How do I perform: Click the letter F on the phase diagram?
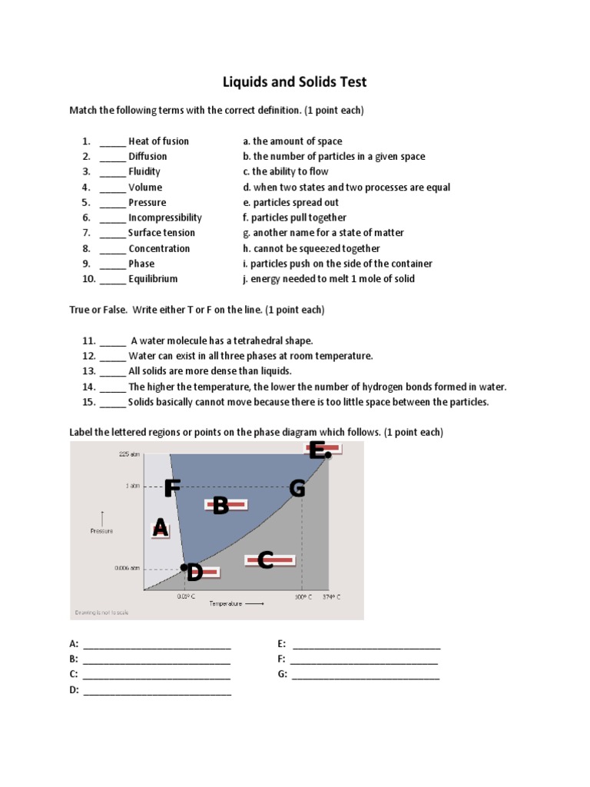coord(171,488)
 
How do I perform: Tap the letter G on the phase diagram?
coord(297,488)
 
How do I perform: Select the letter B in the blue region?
coord(220,505)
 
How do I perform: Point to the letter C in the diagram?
coord(266,560)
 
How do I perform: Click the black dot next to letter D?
coord(184,568)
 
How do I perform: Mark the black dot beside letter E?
coord(328,455)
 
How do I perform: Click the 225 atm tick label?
coord(129,454)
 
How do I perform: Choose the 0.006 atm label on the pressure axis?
coord(128,569)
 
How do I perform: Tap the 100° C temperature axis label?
coord(303,596)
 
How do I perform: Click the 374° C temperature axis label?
coord(331,596)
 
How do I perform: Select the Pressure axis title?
coord(101,530)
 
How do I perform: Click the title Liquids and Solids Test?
coord(295,81)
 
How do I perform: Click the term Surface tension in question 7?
coord(161,233)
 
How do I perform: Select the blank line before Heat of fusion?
coord(112,141)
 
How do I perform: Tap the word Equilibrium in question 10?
coord(153,279)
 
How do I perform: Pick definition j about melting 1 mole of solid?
coord(328,279)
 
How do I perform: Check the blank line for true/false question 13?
coord(112,371)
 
